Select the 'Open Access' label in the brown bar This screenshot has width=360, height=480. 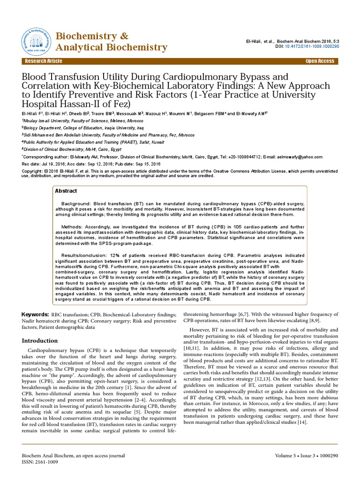coord(320,61)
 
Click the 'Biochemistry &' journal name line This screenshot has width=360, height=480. coord(92,36)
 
